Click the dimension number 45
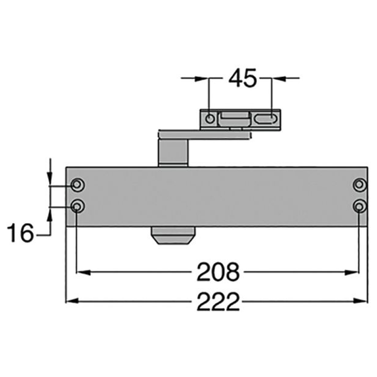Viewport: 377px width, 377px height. coord(242,78)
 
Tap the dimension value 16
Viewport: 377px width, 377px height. coord(20,233)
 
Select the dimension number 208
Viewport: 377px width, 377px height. coord(218,272)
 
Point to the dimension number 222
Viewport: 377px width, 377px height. coord(218,301)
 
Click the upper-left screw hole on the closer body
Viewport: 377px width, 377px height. coord(77,185)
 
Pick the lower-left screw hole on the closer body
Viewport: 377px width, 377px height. coord(77,206)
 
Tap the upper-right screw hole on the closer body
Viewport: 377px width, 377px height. coord(360,185)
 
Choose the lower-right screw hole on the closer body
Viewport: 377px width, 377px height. coord(360,206)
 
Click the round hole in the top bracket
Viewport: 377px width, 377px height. coord(210,119)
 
